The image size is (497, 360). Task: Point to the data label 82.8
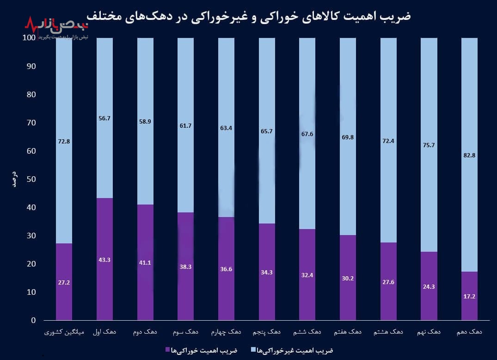tap(470, 155)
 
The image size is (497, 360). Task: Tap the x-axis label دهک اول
tap(104, 332)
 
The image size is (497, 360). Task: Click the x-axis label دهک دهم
tap(470, 332)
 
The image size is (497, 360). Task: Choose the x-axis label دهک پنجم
tap(267, 332)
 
